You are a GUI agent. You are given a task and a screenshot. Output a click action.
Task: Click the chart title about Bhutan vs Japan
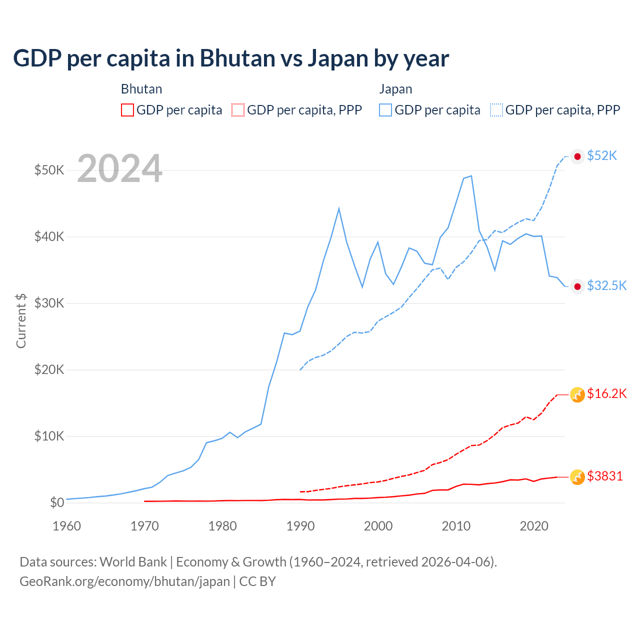point(231,58)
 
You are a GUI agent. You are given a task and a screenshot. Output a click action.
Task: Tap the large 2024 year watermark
point(119,168)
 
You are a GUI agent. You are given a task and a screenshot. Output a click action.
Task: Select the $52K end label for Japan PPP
point(602,156)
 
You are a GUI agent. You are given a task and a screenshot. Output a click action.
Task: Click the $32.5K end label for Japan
point(606,285)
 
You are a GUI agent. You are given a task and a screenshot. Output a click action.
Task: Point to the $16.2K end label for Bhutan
point(606,394)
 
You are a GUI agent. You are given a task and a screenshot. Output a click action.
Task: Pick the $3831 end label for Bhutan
point(605,476)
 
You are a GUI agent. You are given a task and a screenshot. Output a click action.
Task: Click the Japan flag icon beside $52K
point(577,156)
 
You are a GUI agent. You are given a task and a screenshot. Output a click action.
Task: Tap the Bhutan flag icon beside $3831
point(577,477)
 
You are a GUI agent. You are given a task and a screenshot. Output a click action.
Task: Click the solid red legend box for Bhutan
point(127,110)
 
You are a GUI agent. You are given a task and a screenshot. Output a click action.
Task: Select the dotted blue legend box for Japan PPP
point(496,110)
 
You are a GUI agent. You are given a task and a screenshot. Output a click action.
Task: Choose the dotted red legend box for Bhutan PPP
point(238,110)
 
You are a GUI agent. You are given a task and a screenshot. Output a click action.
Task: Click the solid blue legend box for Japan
point(385,110)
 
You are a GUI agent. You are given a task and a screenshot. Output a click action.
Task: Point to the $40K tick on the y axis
point(49,236)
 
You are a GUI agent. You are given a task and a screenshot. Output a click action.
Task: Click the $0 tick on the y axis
point(57,502)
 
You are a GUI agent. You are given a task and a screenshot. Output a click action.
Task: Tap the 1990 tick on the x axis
point(300,526)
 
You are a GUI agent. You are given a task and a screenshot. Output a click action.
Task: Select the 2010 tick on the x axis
point(456,526)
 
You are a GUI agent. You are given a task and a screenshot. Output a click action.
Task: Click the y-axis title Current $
point(21,320)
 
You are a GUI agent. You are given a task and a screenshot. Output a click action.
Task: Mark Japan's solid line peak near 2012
point(471,176)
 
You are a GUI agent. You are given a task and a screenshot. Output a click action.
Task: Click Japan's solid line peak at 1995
point(339,208)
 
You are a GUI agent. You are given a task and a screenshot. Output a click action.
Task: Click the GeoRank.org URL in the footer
point(124,581)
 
